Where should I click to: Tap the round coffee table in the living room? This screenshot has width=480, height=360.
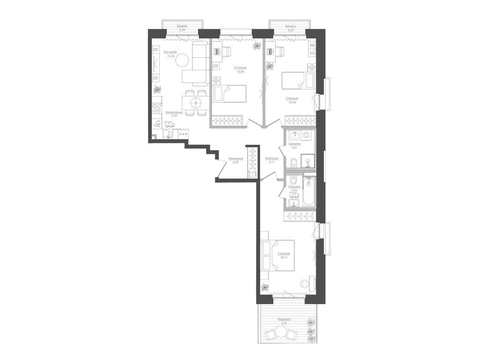pyautogui.click(x=184, y=60)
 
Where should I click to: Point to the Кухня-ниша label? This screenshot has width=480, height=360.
pyautogui.click(x=174, y=112)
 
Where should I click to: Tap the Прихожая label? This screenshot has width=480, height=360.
pyautogui.click(x=235, y=159)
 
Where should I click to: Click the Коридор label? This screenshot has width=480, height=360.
pyautogui.click(x=272, y=158)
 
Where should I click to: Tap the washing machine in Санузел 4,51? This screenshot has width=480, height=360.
pyautogui.click(x=307, y=135)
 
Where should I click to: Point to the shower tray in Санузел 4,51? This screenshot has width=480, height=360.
pyautogui.click(x=307, y=163)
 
